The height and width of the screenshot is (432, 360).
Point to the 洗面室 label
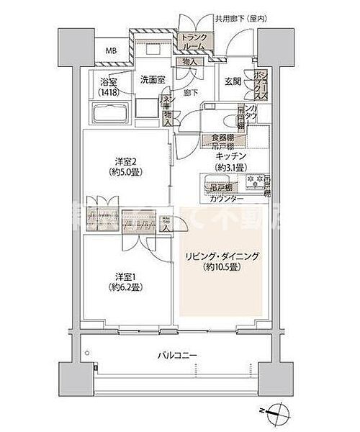152,79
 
